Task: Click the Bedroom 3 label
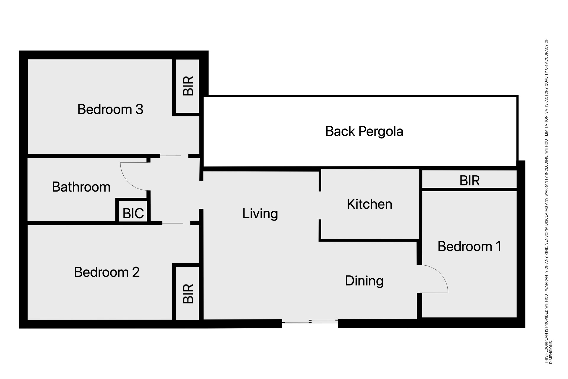tap(110, 109)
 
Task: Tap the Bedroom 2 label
tap(106, 272)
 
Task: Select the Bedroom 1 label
tap(469, 246)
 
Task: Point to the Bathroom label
tap(81, 187)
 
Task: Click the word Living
tap(260, 213)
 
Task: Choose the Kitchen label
tap(369, 204)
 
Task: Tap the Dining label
tap(364, 281)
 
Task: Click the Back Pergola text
tap(364, 131)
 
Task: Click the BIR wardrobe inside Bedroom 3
tap(188, 86)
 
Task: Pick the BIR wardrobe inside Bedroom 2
tap(188, 293)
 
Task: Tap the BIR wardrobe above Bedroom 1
tap(469, 180)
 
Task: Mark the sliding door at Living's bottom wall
tap(310, 322)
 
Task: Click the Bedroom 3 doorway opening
tap(174, 156)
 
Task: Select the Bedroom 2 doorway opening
tap(176, 223)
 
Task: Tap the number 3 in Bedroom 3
tap(139, 109)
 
